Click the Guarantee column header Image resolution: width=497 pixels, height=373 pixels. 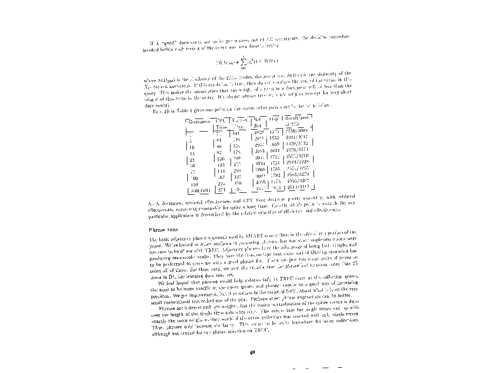pos(199,121)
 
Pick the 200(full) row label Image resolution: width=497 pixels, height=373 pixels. pos(197,190)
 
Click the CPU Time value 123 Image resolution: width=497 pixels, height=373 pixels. pos(221,165)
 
